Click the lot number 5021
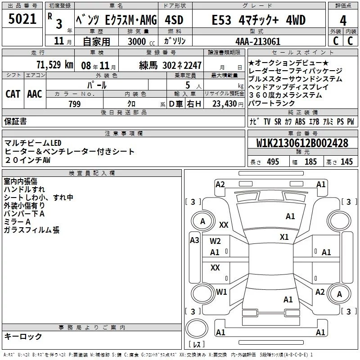pos(22,19)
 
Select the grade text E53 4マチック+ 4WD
pos(259,20)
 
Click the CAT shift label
pos(13,94)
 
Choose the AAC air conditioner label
pos(35,94)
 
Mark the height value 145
pos(346,162)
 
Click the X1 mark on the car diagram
pos(284,237)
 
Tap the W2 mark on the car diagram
pos(215,241)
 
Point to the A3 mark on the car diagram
pos(194,240)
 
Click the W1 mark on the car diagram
pos(221,292)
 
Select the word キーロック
pos(23,337)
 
